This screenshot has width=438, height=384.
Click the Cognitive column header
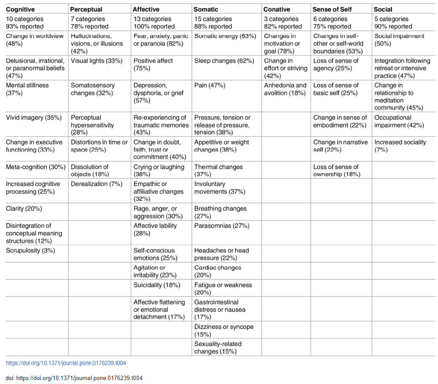tap(20, 9)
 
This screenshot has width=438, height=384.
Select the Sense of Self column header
tap(332, 9)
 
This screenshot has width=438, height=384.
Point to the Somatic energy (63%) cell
tap(225, 36)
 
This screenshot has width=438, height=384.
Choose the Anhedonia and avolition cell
tap(285, 89)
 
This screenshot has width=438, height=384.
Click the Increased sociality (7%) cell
tap(400, 146)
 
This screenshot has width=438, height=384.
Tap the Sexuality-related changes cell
tap(218, 348)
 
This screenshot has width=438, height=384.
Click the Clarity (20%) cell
tap(24, 209)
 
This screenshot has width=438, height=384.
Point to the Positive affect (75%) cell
tap(153, 64)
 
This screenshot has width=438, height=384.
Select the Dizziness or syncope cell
tap(224, 330)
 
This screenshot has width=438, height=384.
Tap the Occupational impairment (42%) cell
tap(399, 121)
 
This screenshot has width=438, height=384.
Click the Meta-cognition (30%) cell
tap(36, 167)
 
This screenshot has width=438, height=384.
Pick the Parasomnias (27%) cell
tap(222, 226)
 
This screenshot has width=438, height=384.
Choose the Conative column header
tap(276, 9)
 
